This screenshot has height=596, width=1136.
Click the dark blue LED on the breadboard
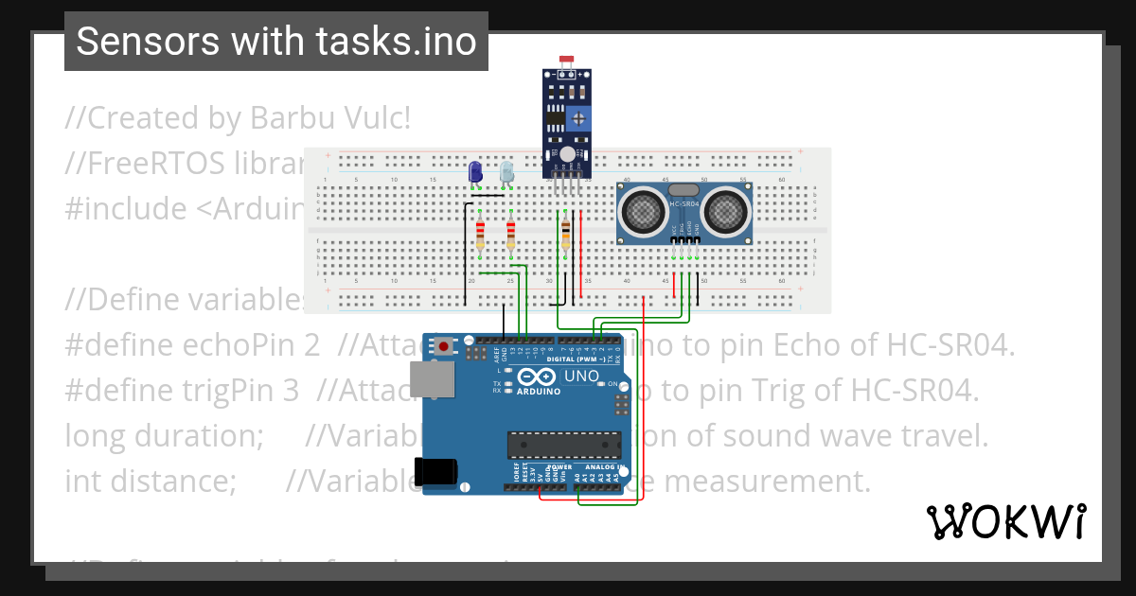475,172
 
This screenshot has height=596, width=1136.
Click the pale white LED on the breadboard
506,172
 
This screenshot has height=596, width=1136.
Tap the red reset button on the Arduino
444,347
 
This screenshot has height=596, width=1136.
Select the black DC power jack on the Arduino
436,470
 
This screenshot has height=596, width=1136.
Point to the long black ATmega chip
564,445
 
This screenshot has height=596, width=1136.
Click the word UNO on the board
581,377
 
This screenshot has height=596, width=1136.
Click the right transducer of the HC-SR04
725,210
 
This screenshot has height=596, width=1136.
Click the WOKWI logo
1005,521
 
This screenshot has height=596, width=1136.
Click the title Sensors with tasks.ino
276,42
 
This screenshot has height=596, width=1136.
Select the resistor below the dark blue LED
480,233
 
